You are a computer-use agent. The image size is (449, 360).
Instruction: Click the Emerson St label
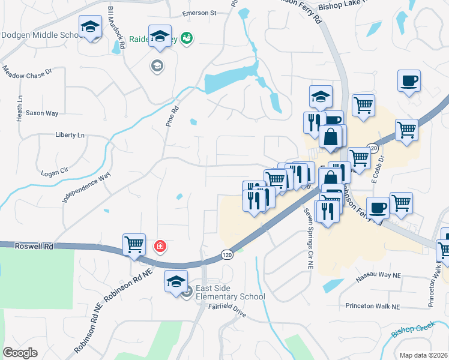coord(199,13)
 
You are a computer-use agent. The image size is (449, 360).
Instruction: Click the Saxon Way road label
coord(42,113)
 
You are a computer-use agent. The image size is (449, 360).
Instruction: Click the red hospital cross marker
coord(160,245)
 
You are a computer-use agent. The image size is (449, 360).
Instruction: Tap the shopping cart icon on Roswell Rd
coord(134,244)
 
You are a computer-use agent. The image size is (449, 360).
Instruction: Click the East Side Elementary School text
coord(229,292)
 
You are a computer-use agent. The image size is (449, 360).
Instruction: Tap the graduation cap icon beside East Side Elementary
coord(176,281)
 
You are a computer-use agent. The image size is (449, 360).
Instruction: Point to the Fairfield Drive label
coord(228,313)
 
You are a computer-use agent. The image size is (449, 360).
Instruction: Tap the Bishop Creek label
coord(412,330)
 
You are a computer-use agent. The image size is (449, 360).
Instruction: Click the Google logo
coord(20,352)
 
